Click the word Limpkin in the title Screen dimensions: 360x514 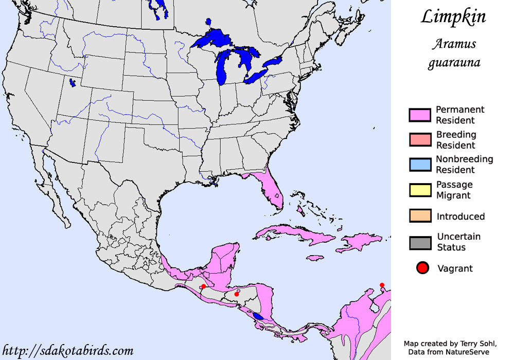pyautogui.click(x=453, y=16)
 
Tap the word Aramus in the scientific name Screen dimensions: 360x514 pyautogui.click(x=453, y=44)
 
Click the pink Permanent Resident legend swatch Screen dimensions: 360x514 pyautogui.click(x=419, y=115)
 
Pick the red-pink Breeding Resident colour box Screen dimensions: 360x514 pyautogui.click(x=419, y=140)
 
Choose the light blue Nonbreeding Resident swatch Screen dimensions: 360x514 pyautogui.click(x=419, y=165)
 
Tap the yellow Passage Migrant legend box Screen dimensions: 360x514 pyautogui.click(x=419, y=190)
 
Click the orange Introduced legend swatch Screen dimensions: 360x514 pyautogui.click(x=419, y=216)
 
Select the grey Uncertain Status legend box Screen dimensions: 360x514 pyautogui.click(x=419, y=242)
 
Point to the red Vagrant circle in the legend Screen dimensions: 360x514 pyautogui.click(x=422, y=268)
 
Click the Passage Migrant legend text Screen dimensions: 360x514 pyautogui.click(x=454, y=190)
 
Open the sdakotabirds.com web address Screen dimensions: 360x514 pyautogui.click(x=67, y=351)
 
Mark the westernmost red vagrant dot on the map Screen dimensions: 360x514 pyautogui.click(x=203, y=286)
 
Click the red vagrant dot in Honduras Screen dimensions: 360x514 pyautogui.click(x=237, y=294)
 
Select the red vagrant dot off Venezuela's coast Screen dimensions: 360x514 pyautogui.click(x=382, y=285)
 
